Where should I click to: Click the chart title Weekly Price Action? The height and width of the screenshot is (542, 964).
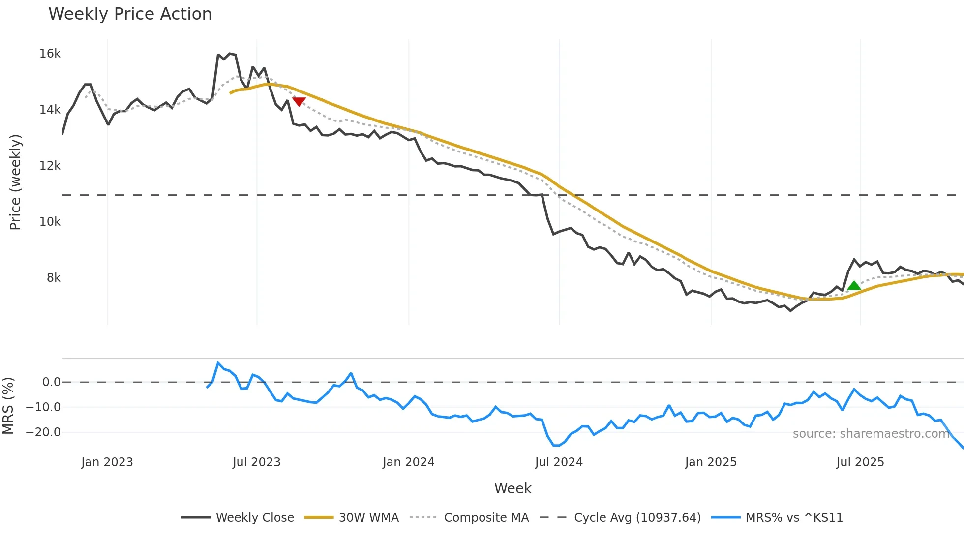[130, 14]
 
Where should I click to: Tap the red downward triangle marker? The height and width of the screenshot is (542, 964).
[299, 101]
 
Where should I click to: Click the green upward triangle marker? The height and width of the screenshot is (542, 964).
[854, 285]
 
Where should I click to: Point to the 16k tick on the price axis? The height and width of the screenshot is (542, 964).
[50, 53]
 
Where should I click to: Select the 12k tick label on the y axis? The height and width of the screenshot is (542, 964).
[50, 165]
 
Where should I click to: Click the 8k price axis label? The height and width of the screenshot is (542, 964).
[54, 277]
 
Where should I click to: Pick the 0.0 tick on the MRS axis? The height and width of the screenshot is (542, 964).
[51, 382]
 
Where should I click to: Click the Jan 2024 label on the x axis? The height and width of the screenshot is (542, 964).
[408, 462]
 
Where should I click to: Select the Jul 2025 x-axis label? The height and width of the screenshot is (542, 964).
[860, 462]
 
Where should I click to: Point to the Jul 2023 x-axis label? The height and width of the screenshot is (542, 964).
[256, 462]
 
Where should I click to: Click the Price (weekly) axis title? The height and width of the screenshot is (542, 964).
[15, 182]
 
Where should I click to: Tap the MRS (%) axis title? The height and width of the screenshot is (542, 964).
[8, 406]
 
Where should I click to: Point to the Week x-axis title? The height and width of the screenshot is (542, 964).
[512, 488]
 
